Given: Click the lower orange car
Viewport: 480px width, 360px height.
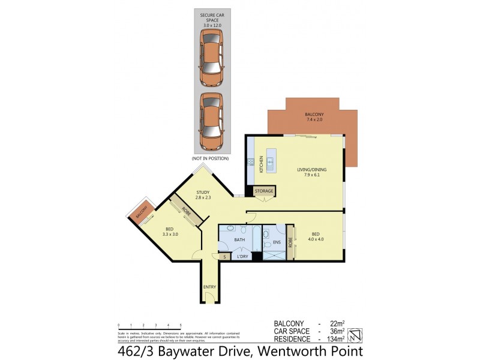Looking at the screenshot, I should pyautogui.click(x=212, y=122).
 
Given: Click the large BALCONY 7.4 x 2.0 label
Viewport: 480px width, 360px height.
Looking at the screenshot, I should pyautogui.click(x=314, y=118).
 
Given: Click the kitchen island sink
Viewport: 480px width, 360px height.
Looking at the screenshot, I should pyautogui.click(x=271, y=161).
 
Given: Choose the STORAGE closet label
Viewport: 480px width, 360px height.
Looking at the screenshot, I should pyautogui.click(x=264, y=191).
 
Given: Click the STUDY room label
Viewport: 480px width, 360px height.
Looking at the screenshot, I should pyautogui.click(x=202, y=195).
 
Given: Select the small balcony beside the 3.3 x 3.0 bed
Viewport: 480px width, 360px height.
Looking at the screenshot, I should pyautogui.click(x=141, y=213).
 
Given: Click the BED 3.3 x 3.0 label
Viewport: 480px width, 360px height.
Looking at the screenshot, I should pyautogui.click(x=171, y=231).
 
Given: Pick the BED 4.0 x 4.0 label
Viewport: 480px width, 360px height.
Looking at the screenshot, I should pyautogui.click(x=316, y=236).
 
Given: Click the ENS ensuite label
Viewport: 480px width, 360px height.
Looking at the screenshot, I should pyautogui.click(x=277, y=242).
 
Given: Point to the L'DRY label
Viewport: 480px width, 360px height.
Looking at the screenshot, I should pyautogui.click(x=242, y=257).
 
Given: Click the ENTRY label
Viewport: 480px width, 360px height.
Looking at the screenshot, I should pyautogui.click(x=209, y=287).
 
